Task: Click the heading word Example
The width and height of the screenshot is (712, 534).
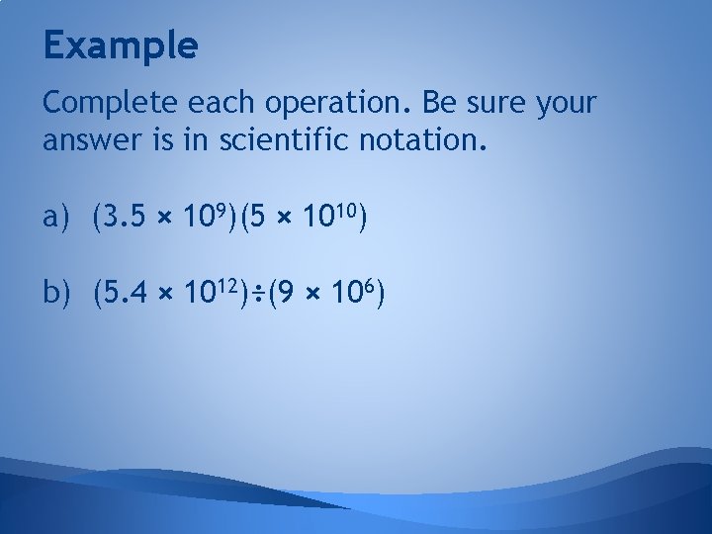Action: [x=121, y=44]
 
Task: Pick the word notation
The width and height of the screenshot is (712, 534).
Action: [x=426, y=142]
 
